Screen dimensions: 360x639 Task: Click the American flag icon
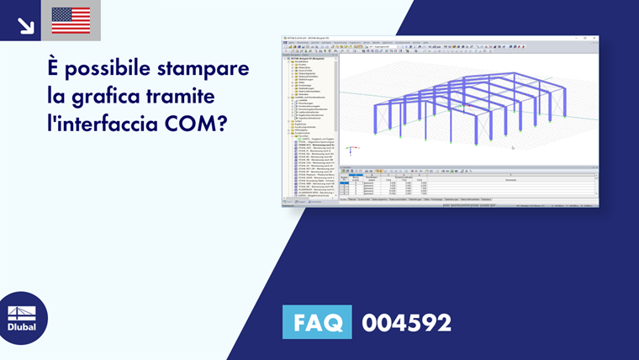click(x=71, y=20)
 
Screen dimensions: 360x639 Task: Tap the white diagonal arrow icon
click(x=25, y=22)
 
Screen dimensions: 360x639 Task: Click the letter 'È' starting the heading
click(x=55, y=68)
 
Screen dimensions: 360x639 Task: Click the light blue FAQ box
click(x=317, y=322)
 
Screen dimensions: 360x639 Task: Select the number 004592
click(x=406, y=322)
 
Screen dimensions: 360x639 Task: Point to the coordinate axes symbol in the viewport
click(x=353, y=151)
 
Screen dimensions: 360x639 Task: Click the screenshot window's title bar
click(x=437, y=38)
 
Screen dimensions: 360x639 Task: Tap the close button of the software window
click(x=595, y=38)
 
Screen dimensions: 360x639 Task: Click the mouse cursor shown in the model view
click(x=512, y=147)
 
